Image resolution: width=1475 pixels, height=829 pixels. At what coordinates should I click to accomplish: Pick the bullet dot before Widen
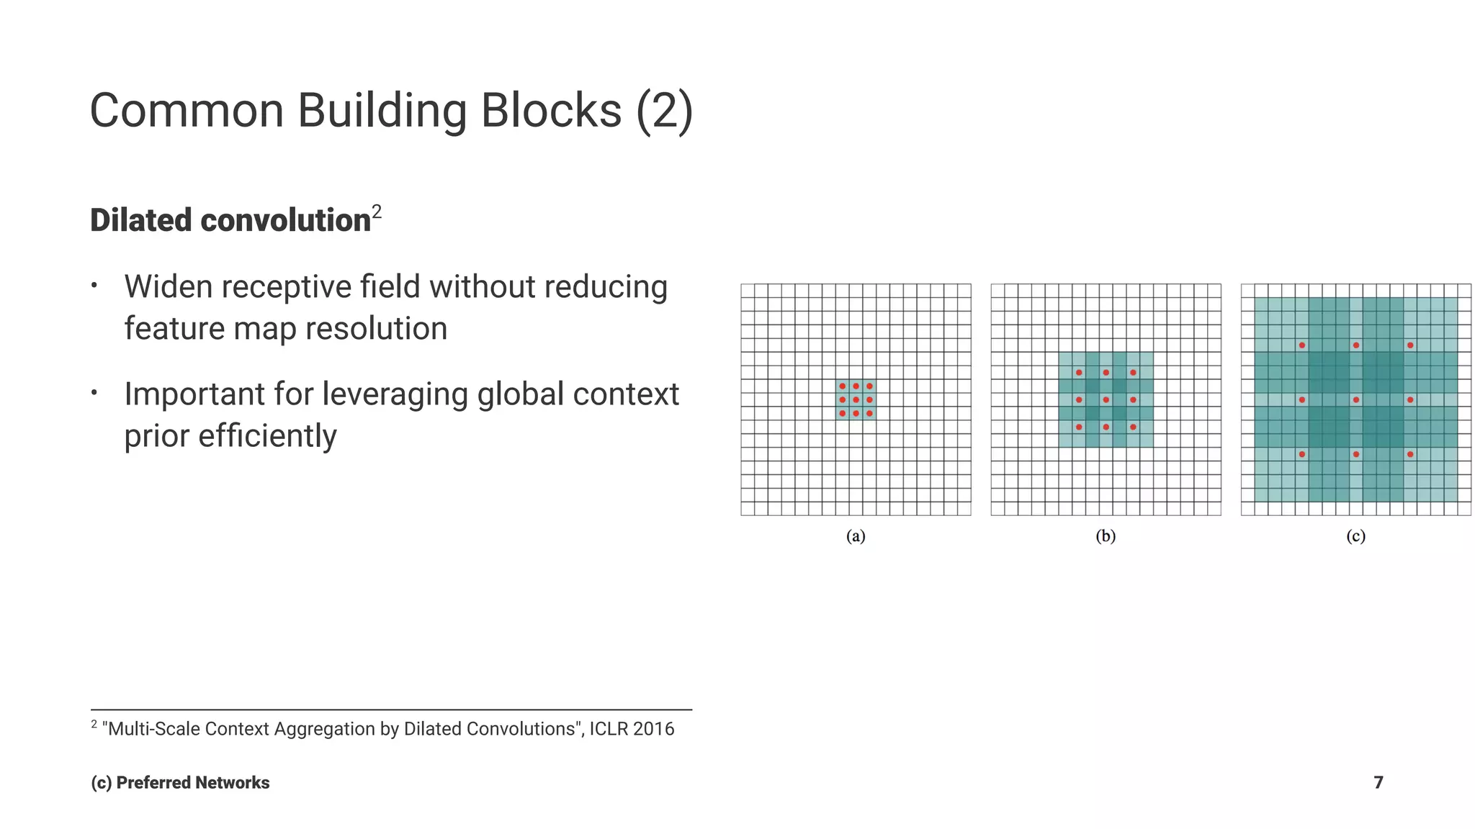click(x=94, y=286)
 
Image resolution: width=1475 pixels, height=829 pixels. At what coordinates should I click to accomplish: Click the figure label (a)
click(x=856, y=536)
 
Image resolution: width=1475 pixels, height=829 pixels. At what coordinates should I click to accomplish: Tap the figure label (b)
click(x=1106, y=536)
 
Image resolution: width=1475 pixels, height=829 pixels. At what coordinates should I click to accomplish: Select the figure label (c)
click(x=1355, y=536)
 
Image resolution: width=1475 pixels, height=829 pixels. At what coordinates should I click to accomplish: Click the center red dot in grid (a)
click(x=856, y=399)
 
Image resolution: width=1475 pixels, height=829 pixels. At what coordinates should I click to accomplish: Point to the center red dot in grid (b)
click(x=1106, y=399)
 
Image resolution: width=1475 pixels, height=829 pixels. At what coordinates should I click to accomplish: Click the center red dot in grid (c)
click(x=1355, y=399)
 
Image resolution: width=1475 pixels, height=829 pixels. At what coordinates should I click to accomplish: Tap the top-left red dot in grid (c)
click(x=1301, y=345)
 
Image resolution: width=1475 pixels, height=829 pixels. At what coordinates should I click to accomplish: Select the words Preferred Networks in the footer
click(x=192, y=783)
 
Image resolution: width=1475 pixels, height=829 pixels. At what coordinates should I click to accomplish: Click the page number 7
click(x=1378, y=782)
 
